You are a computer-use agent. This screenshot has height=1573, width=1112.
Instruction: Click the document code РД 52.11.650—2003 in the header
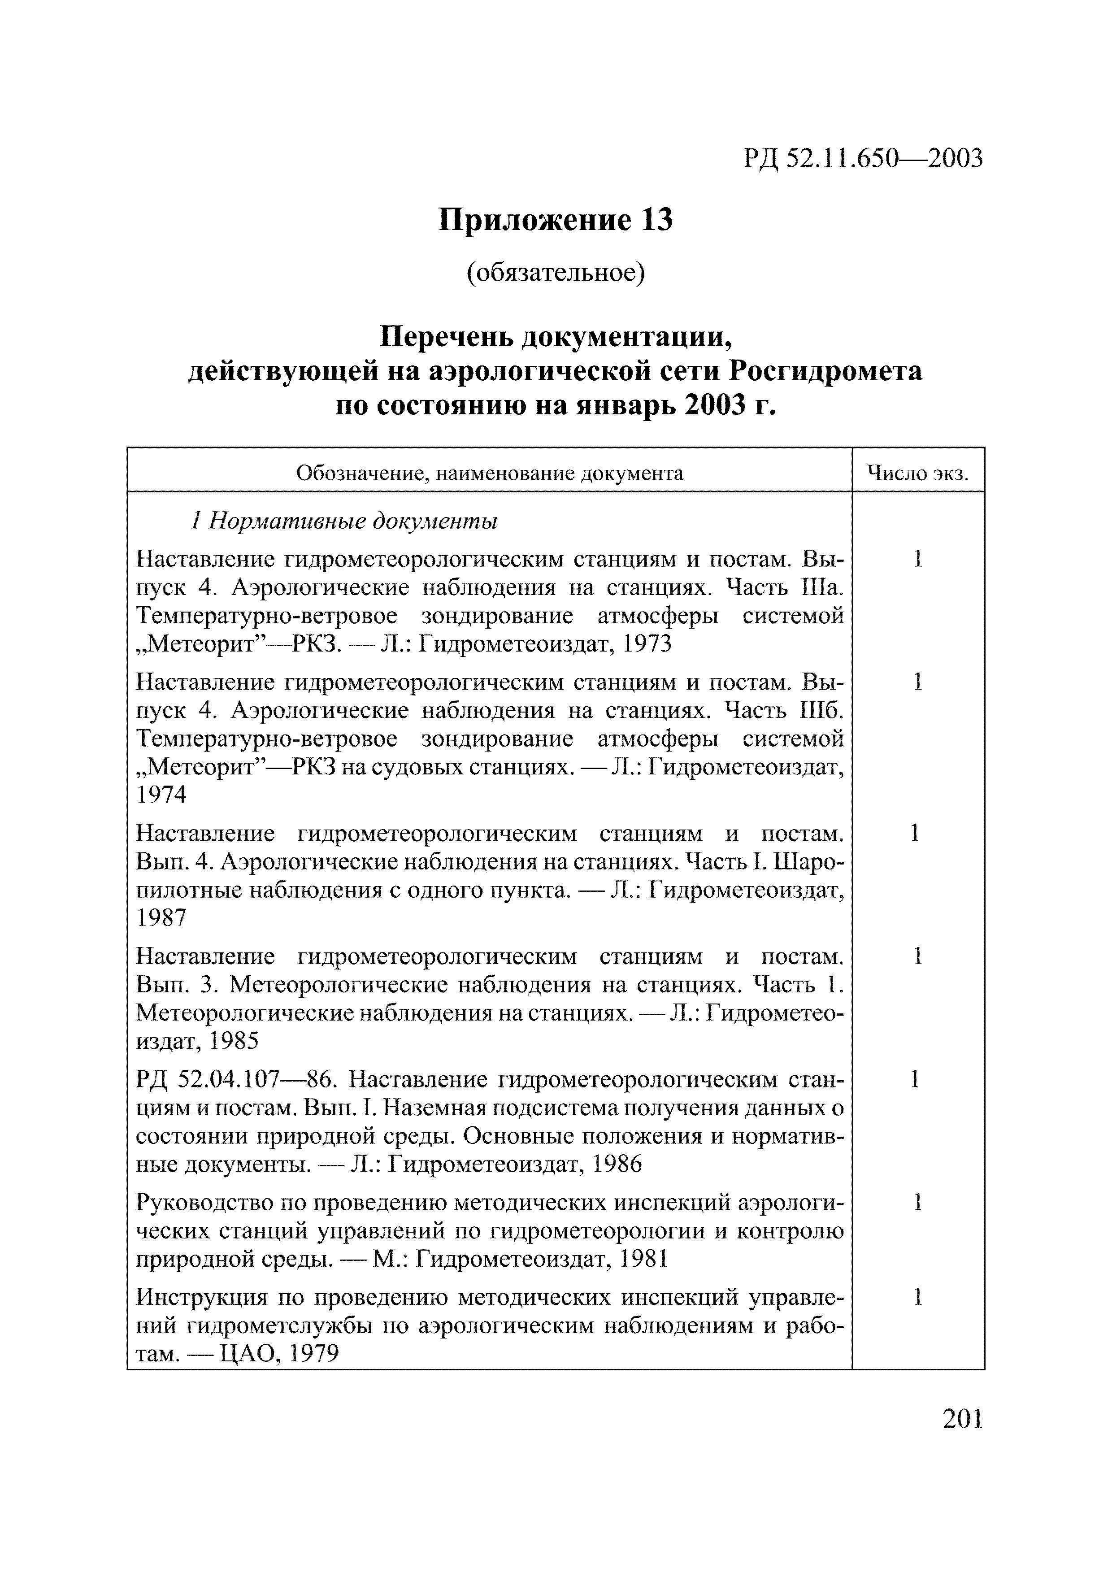[863, 158]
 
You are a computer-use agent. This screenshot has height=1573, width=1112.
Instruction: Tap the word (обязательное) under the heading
[556, 273]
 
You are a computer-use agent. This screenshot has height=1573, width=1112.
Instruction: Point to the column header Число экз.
[917, 473]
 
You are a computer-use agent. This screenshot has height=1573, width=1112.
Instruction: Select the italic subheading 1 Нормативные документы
[343, 521]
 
